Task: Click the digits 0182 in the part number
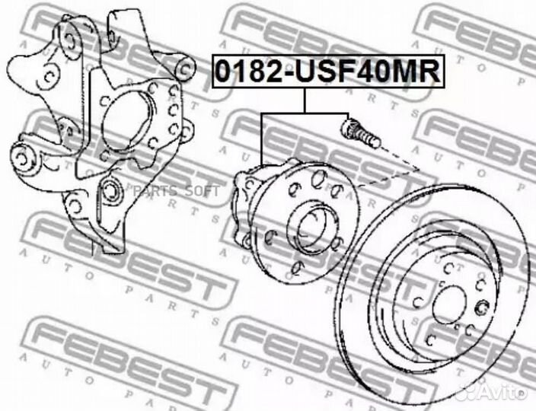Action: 249,71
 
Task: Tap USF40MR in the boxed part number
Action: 368,71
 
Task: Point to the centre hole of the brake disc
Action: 449,304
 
